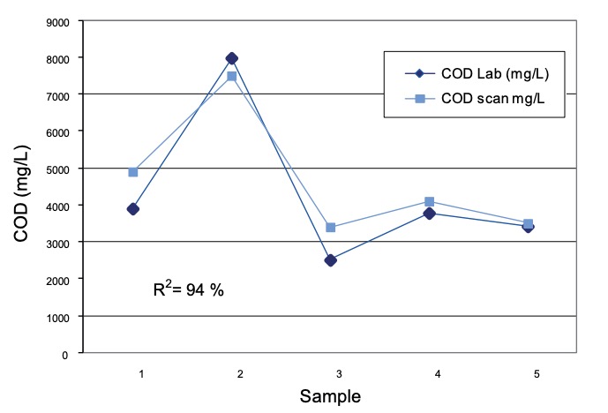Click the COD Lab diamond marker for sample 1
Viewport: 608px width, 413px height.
(132, 209)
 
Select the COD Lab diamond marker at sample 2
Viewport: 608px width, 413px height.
(232, 58)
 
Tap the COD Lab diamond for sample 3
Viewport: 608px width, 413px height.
(330, 260)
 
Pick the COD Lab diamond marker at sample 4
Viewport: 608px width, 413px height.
(429, 213)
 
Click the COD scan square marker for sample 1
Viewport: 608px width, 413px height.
(132, 172)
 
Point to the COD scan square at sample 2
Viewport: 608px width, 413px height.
(232, 76)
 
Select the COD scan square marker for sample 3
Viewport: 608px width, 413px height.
(330, 228)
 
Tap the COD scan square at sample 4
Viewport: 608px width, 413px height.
(429, 202)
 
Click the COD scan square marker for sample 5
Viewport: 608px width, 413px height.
(528, 224)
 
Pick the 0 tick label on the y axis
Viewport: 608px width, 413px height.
(64, 354)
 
